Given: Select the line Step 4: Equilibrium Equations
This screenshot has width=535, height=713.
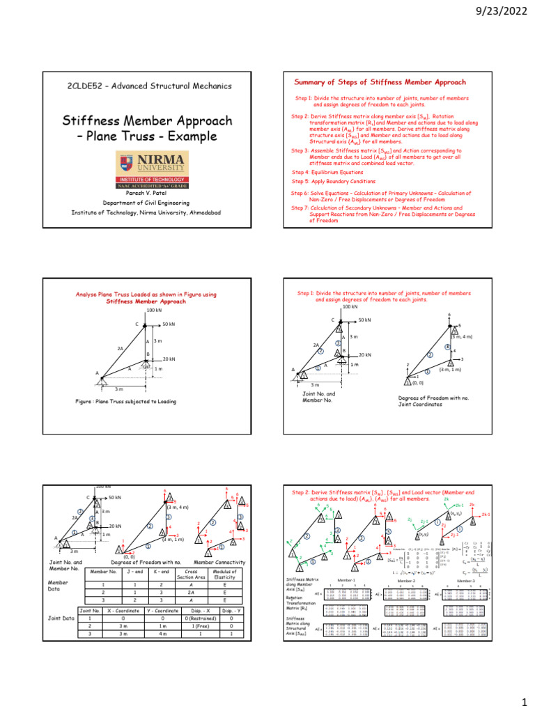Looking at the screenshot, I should tap(327, 171).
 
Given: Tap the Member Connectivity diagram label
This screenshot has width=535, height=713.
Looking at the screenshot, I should tap(219, 562).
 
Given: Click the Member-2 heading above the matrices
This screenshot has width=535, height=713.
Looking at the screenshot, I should tap(405, 579).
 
